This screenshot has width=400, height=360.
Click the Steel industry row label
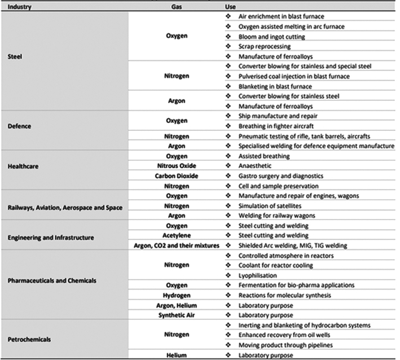pos(16,56)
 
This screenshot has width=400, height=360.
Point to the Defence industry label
pos(21,126)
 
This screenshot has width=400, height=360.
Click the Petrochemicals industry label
pos(30,339)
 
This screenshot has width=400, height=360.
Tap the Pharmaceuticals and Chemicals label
pos(52,280)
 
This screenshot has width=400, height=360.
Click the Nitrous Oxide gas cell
pos(177,165)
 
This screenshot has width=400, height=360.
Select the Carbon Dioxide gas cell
pos(177,175)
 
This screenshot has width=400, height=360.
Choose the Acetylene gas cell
pos(177,235)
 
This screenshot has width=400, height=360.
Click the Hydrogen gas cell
pos(177,295)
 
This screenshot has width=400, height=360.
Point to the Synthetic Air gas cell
pos(177,314)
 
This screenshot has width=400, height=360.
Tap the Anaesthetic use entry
pos(256,165)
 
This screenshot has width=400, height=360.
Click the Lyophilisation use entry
pos(258,275)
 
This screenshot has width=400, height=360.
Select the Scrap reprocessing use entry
pos(265,46)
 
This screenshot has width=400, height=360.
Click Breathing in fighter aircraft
pos(280,125)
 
